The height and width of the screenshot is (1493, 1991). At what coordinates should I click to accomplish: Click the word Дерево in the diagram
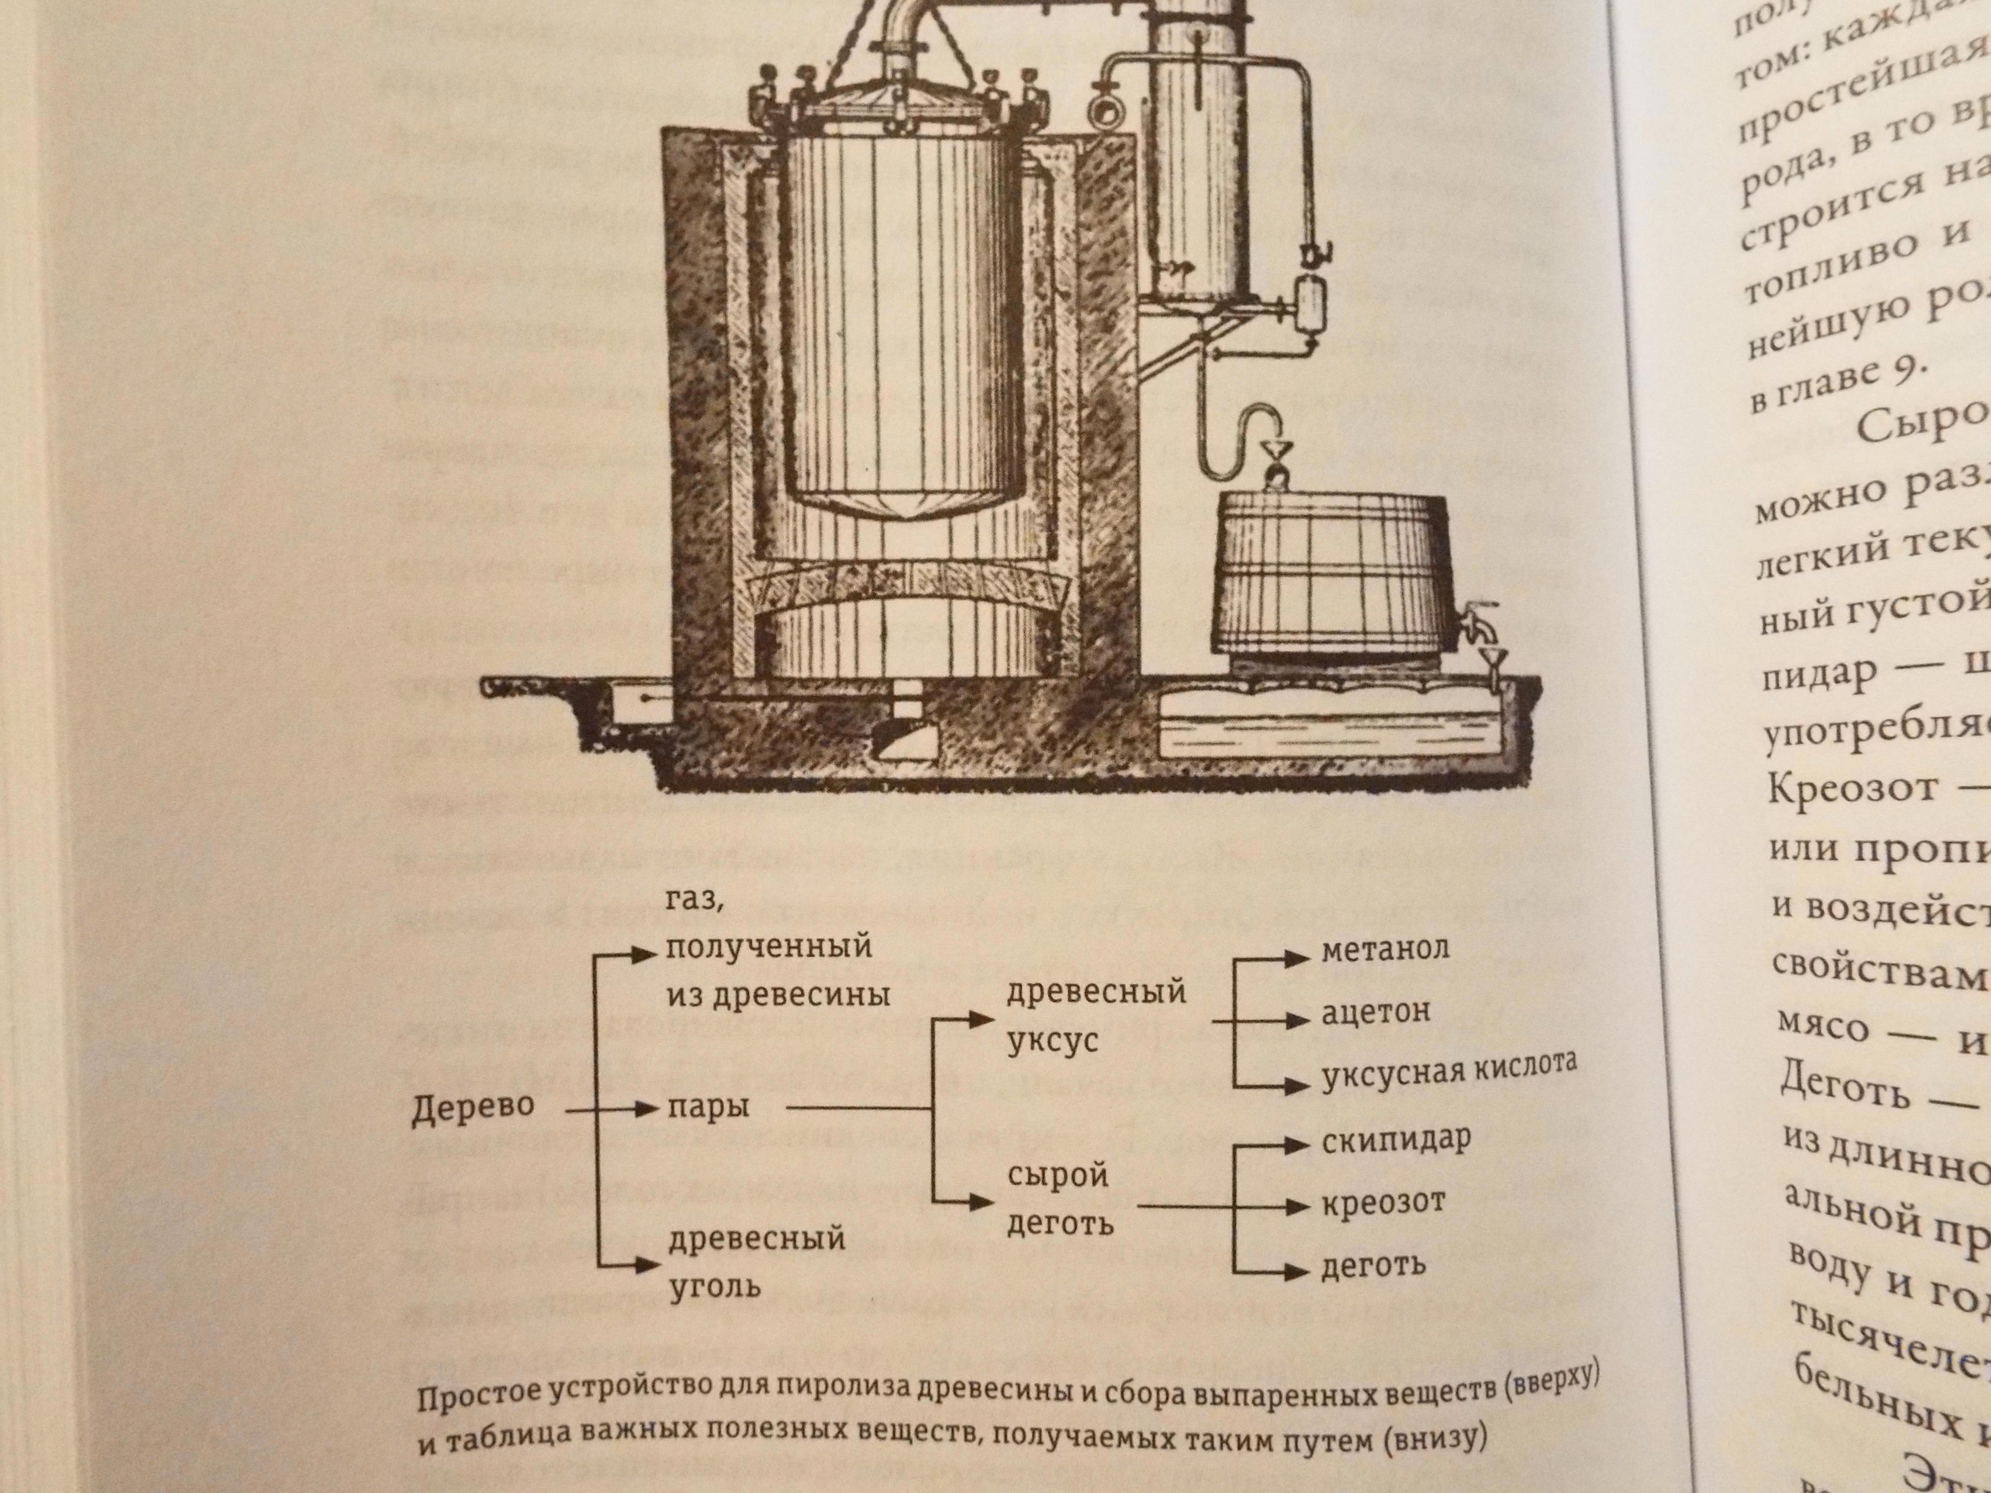[472, 1110]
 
